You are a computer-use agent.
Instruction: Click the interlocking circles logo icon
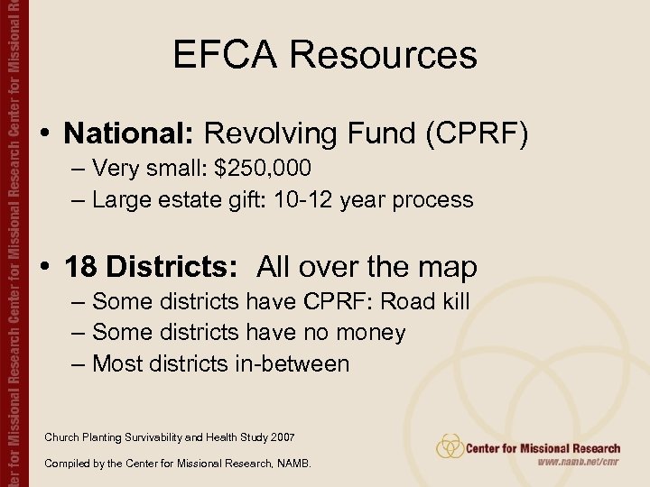tap(450, 447)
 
